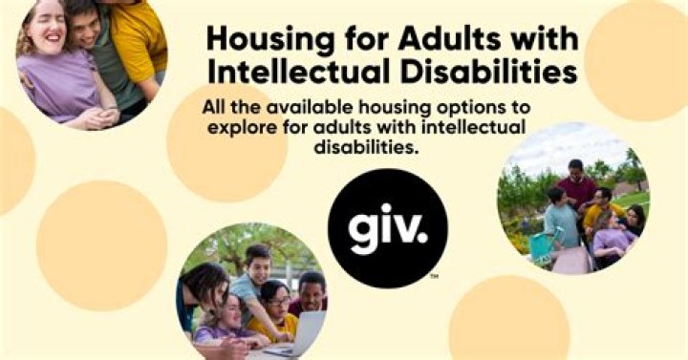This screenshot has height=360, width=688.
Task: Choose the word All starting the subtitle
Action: pos(215,105)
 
